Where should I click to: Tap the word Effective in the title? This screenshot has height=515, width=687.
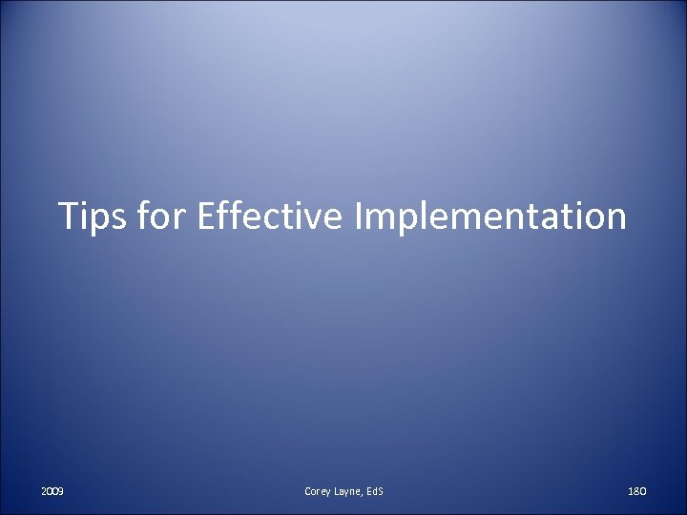(270, 216)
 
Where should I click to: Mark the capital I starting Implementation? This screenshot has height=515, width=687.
(358, 216)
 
